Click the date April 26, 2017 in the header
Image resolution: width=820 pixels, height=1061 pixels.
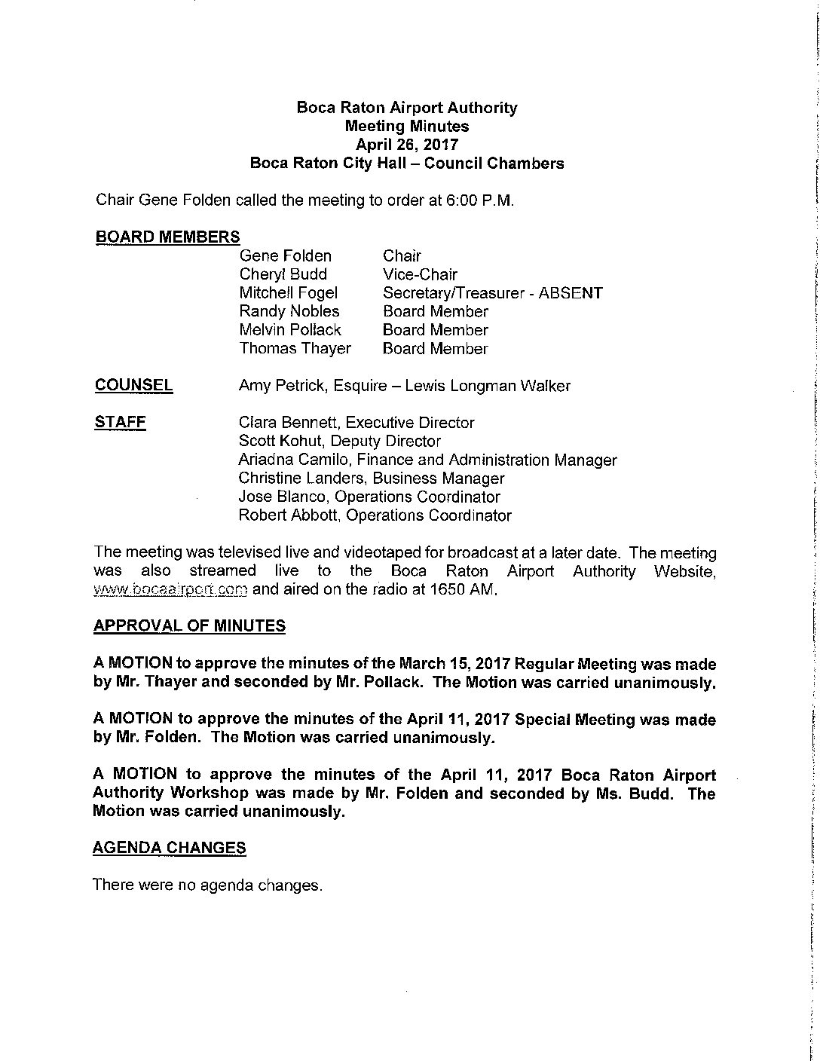(407, 145)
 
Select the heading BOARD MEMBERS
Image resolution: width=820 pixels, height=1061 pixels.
(167, 237)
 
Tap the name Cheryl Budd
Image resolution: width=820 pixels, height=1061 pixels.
(283, 274)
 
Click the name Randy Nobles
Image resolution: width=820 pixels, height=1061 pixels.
(289, 311)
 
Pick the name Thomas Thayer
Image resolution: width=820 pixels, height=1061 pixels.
(295, 348)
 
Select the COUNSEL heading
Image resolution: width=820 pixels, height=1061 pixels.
(133, 385)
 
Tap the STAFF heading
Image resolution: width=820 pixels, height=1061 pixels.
(120, 422)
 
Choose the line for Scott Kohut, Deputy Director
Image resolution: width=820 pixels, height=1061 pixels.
(339, 441)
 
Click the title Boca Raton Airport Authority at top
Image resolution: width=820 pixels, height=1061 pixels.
(407, 108)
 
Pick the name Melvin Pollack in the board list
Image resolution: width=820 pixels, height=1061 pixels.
(290, 330)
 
